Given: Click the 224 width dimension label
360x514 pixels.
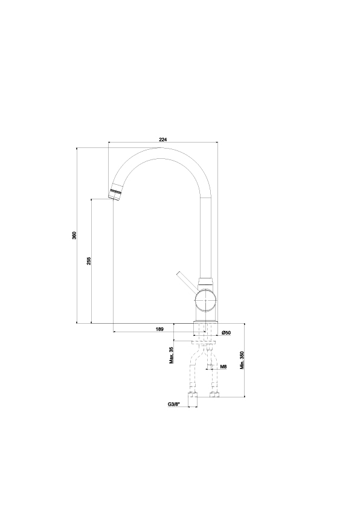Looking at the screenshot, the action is (163, 140).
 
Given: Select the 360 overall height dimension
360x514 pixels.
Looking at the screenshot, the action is (74, 236).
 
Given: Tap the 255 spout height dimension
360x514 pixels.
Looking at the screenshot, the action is (89, 261).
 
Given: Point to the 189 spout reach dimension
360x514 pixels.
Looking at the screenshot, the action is (159, 329).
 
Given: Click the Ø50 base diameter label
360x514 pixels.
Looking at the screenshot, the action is (227, 333).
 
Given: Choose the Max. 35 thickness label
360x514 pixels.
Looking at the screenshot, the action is (171, 356).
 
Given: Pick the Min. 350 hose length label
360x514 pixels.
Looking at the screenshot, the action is (242, 361).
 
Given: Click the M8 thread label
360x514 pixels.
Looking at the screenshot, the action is (223, 367).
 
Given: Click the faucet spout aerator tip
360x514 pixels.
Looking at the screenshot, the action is (115, 194).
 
